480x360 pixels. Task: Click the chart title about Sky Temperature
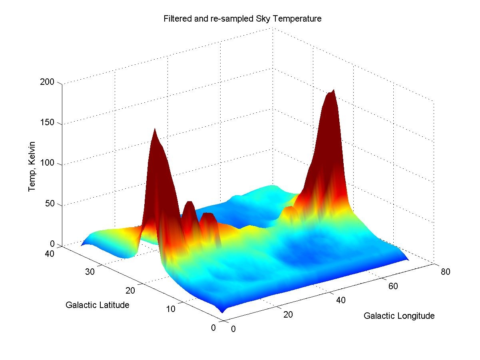[x=242, y=19]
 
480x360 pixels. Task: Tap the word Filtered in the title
[x=175, y=19]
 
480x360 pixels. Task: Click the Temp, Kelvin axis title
[x=32, y=166]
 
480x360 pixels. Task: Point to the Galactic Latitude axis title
[x=97, y=305]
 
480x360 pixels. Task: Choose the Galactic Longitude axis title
[x=399, y=316]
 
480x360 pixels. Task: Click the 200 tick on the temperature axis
[x=51, y=82]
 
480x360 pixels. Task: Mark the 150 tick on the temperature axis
[x=51, y=123]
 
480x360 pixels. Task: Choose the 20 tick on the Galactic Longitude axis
[x=288, y=314]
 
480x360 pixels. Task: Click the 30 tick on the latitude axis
[x=90, y=272]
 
